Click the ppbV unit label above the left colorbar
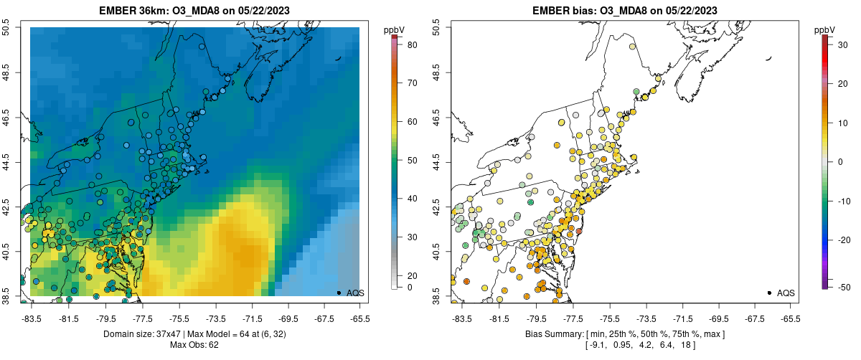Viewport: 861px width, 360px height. pos(393,29)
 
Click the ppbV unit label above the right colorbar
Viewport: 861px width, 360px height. pos(825,29)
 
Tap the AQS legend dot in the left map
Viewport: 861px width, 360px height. pos(339,293)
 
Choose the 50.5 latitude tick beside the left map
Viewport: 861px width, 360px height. pos(8,27)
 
